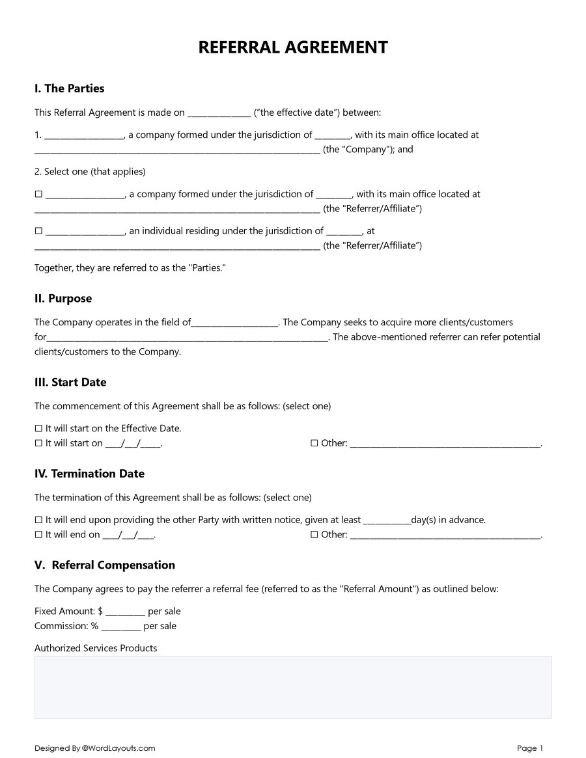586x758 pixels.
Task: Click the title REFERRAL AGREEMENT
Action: coord(293,47)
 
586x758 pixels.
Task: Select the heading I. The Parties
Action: coord(69,88)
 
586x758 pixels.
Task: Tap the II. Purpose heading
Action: coord(63,299)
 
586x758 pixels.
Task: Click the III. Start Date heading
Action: coord(70,383)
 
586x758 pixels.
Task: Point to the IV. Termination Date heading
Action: coord(89,474)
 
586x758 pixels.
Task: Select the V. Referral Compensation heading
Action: coord(105,565)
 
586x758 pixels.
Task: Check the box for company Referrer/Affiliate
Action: coord(38,194)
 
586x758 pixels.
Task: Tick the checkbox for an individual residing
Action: coord(38,231)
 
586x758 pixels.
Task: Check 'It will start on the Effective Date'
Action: coord(38,429)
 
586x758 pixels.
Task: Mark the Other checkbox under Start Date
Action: coord(314,443)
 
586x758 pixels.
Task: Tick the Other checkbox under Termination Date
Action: coord(314,535)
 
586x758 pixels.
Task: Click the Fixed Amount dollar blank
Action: coord(125,612)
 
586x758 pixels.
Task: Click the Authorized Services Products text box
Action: coord(293,687)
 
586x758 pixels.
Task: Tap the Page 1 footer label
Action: coord(530,748)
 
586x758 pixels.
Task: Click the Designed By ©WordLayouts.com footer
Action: coord(95,748)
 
